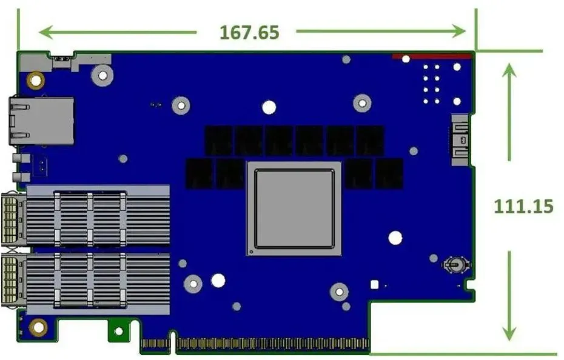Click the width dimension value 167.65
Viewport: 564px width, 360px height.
point(249,32)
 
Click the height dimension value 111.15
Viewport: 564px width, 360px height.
point(523,207)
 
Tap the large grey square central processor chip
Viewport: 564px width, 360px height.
point(294,208)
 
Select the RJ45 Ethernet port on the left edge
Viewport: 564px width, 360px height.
point(41,120)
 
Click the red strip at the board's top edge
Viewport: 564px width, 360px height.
point(432,56)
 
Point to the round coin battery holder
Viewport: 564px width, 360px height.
point(455,265)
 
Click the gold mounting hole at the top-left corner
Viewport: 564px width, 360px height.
point(36,80)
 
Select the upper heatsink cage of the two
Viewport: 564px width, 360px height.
point(98,215)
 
